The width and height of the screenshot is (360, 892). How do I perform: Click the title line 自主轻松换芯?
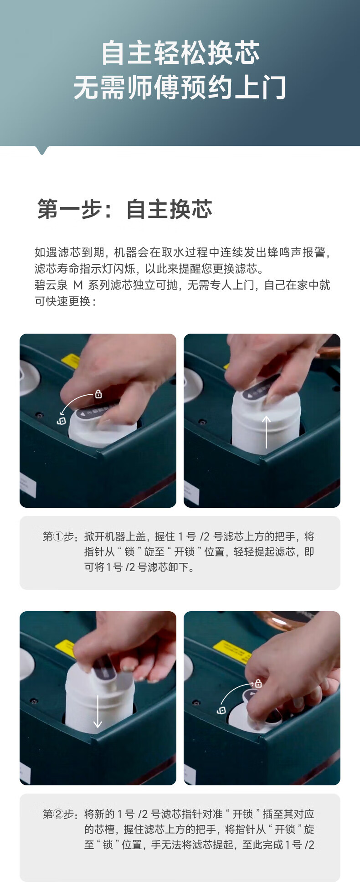click(180, 53)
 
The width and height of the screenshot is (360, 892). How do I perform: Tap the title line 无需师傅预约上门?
click(180, 88)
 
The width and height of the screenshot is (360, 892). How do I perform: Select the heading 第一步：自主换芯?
click(125, 209)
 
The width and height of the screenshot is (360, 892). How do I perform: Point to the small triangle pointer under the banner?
click(42, 150)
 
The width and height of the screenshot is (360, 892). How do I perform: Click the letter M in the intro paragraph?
click(78, 285)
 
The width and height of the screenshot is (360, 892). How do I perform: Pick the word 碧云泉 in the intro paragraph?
click(51, 285)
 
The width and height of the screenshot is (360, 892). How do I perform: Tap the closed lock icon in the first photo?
click(98, 394)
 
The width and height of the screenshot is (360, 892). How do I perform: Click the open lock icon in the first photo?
click(62, 421)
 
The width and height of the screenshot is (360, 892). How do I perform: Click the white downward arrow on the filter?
click(98, 711)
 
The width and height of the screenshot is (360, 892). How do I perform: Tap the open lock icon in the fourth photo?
click(221, 710)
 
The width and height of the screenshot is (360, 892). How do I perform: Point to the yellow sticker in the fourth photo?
click(232, 650)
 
